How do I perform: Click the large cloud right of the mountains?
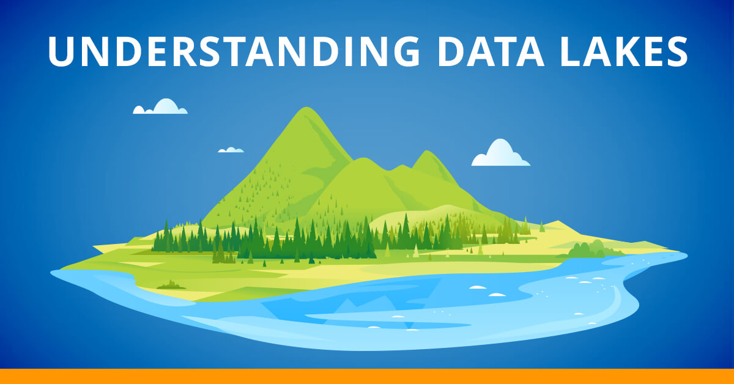[x=500, y=155]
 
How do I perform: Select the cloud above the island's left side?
[x=161, y=108]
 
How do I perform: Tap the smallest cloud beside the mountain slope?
[x=231, y=149]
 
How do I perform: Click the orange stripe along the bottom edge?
[x=367, y=376]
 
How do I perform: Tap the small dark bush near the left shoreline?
[x=171, y=285]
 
